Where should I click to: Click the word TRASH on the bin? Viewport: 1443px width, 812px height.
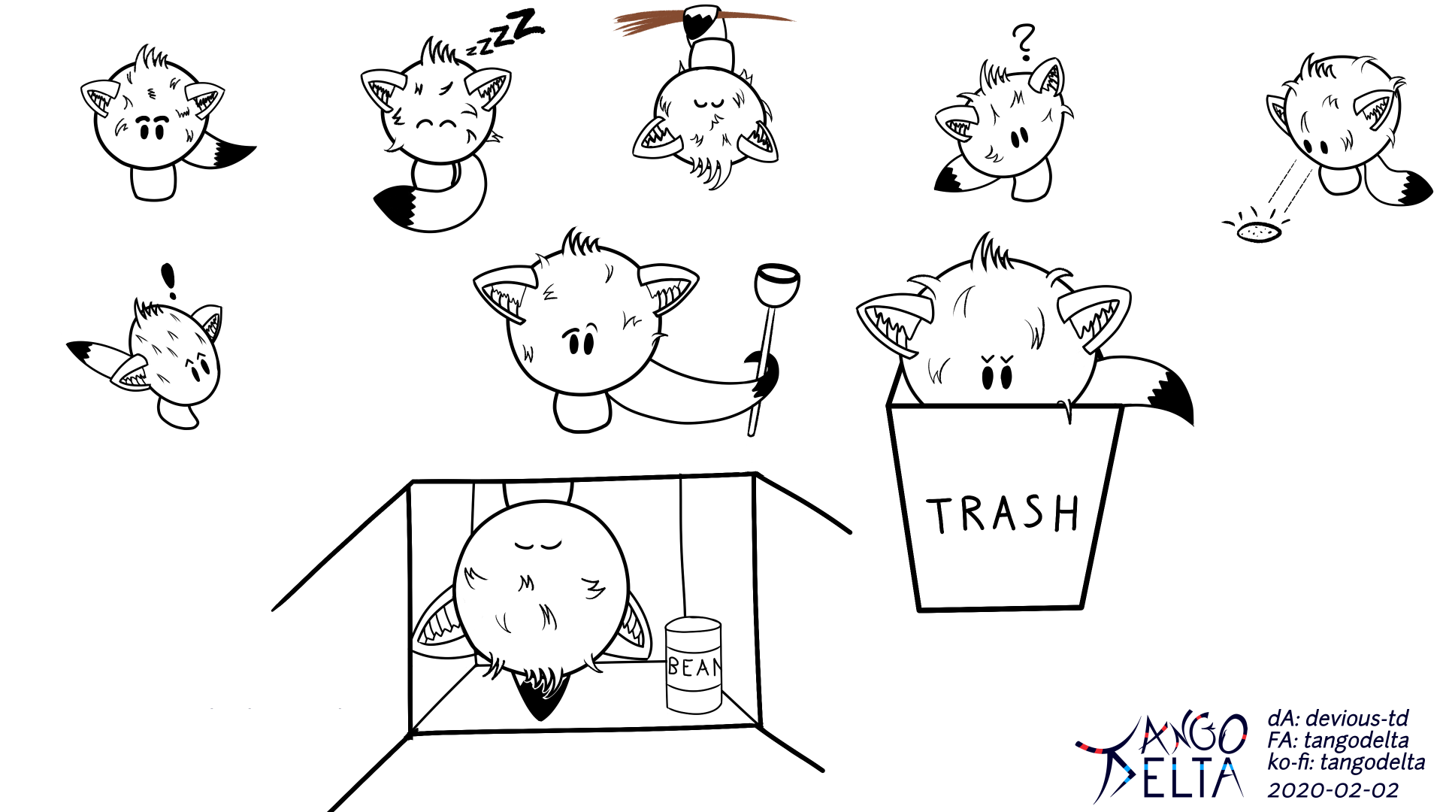coord(1003,514)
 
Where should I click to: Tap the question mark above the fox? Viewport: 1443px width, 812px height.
coord(1024,42)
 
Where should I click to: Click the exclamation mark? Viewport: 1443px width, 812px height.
coord(169,281)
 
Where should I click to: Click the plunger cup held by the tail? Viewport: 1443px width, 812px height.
coord(777,284)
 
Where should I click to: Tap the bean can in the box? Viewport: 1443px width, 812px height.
coord(693,665)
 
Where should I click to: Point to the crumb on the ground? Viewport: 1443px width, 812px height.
coord(1259,232)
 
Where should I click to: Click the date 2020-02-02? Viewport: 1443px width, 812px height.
coord(1333,790)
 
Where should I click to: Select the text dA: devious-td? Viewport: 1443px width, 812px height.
coord(1338,718)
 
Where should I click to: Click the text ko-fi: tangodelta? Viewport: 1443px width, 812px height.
coord(1346,762)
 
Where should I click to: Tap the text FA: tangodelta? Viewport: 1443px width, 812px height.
coord(1338,741)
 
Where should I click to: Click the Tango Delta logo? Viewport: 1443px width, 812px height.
coord(1161,756)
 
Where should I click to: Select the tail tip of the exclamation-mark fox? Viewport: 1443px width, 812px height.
coord(84,350)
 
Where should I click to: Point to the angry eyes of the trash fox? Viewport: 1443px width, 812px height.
coord(997,371)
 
